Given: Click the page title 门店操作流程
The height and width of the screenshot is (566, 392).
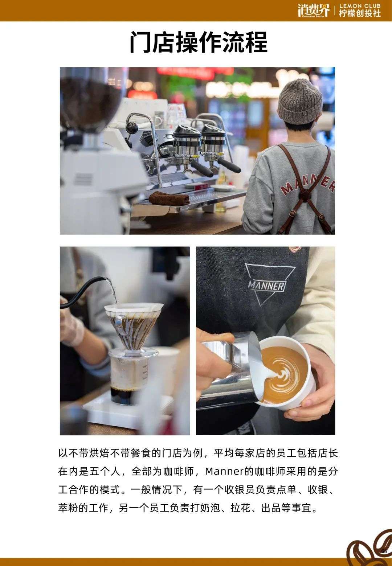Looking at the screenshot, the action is click(x=199, y=42).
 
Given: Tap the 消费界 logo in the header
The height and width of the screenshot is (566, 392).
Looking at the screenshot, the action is click(x=314, y=11).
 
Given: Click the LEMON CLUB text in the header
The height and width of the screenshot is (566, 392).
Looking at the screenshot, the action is click(x=360, y=6).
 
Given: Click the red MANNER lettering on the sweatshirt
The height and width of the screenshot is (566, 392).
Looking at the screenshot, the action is click(x=309, y=185).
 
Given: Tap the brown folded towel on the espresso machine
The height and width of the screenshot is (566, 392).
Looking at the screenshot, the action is click(x=169, y=198).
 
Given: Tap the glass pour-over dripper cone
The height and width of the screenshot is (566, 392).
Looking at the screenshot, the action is click(x=134, y=326).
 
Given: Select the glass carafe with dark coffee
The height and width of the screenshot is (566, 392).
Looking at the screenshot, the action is click(x=129, y=377).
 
